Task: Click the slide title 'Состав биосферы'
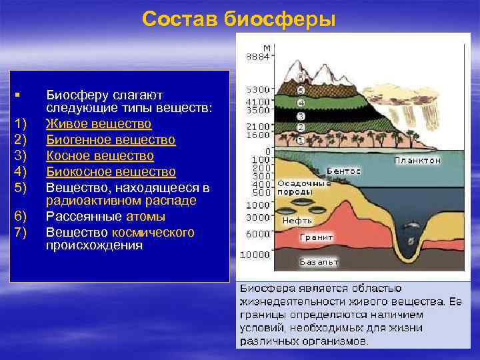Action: click(239, 19)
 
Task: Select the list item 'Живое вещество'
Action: click(99, 124)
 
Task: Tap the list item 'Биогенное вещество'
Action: click(111, 139)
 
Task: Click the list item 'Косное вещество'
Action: click(100, 155)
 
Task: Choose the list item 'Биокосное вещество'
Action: click(111, 171)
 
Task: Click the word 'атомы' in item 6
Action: click(146, 216)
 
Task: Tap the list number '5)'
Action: click(20, 186)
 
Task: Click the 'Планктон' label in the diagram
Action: click(417, 161)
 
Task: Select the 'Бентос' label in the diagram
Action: click(344, 171)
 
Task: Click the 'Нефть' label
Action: click(297, 220)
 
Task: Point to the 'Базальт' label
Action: click(319, 262)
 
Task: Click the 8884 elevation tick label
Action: click(257, 57)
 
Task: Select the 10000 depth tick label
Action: click(256, 255)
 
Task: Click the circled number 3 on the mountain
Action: click(301, 115)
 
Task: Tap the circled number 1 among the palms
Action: click(300, 141)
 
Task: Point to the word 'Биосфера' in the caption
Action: click(263, 289)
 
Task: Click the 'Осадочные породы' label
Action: click(303, 187)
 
